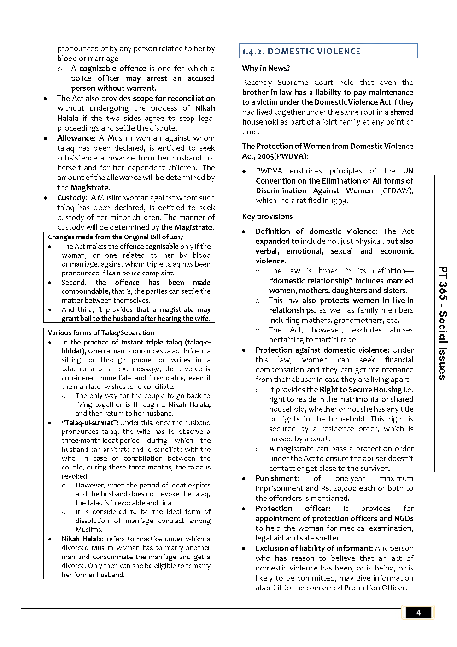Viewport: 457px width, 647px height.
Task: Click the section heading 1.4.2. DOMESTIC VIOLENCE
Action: point(301,52)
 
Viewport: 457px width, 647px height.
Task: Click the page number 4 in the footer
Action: point(418,613)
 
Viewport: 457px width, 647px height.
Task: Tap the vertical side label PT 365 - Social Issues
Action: point(442,323)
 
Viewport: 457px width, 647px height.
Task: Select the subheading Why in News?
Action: point(266,68)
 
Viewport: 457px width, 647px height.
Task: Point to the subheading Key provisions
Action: point(267,217)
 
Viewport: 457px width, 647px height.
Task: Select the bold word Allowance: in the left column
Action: point(76,138)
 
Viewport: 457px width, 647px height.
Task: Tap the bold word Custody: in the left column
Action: point(72,198)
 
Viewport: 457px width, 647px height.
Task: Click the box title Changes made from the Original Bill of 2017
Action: point(116,237)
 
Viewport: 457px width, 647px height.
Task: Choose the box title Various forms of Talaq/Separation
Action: point(101,333)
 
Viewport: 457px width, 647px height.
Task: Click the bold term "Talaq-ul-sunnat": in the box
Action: point(90,423)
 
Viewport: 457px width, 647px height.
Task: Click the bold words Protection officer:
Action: point(293,509)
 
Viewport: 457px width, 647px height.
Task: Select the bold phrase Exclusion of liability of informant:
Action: point(314,549)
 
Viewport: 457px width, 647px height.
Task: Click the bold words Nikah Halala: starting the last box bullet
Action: point(82,539)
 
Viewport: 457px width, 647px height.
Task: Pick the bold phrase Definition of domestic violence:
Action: point(316,231)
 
